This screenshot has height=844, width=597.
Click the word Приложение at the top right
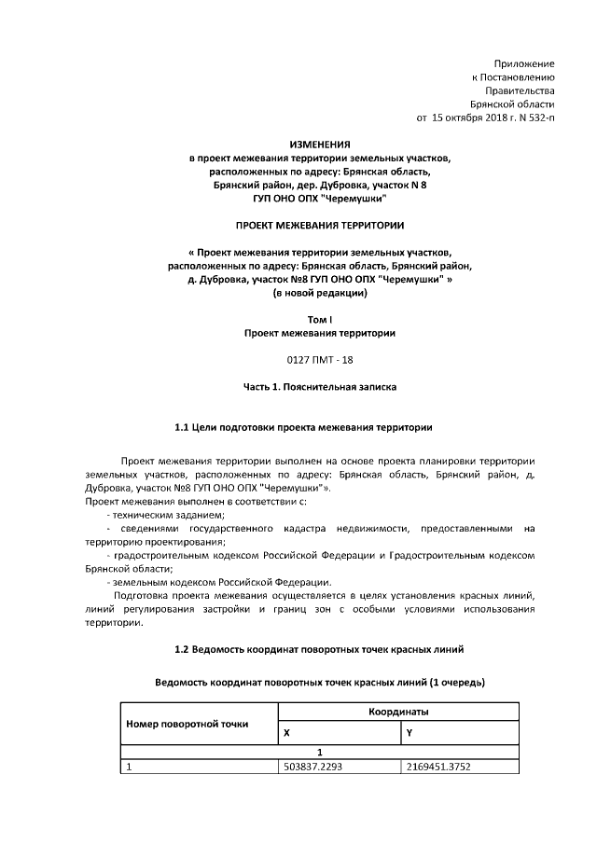529,62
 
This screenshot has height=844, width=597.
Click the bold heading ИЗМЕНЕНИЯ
320,145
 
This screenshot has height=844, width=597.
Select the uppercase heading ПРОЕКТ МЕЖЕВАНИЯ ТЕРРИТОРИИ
320,225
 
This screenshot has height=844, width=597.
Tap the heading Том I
320,320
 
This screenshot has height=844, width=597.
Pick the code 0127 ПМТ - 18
320,359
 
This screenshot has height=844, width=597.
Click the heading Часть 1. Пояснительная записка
320,386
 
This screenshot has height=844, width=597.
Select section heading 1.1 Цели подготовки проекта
303,427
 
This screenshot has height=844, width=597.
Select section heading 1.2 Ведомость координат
320,648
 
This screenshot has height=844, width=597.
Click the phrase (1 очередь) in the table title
456,682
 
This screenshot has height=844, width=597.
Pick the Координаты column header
398,712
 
